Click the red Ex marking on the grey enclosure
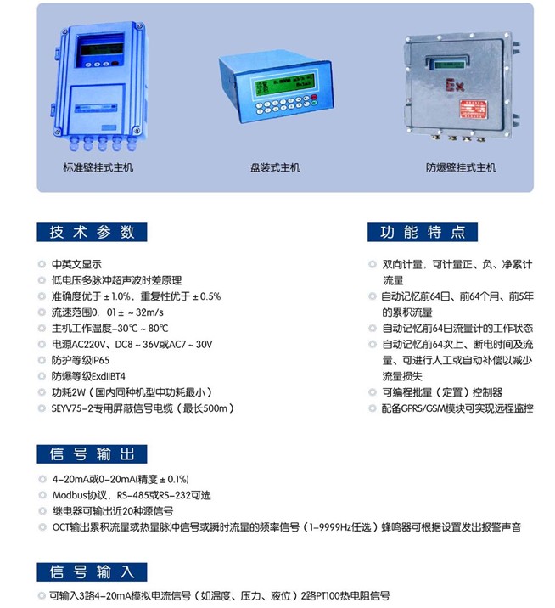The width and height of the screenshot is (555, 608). [x=454, y=85]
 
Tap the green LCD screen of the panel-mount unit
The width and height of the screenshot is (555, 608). [x=283, y=84]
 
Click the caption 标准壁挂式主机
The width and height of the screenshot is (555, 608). [x=98, y=167]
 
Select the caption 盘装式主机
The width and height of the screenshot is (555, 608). [x=275, y=167]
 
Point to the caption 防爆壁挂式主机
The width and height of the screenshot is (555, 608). [x=461, y=167]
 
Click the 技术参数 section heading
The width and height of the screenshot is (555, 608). [x=92, y=233]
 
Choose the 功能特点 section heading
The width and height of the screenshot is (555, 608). [x=423, y=233]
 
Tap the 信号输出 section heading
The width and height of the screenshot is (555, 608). [x=92, y=454]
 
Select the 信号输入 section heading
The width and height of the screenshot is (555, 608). [x=92, y=572]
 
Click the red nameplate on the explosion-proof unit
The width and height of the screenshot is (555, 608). [x=474, y=109]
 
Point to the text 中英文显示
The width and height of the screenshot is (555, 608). [x=76, y=264]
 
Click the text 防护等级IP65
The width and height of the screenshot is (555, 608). [x=81, y=360]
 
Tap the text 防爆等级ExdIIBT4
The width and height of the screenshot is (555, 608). [x=88, y=376]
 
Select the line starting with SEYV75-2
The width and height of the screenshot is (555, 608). [x=143, y=408]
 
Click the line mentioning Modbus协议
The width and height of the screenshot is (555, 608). [x=132, y=495]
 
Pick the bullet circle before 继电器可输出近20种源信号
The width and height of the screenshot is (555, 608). [x=42, y=511]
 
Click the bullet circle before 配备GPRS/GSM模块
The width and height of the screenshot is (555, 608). [x=373, y=408]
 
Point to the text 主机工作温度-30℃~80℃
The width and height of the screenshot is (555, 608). [x=110, y=329]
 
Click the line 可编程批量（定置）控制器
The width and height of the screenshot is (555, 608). [x=442, y=392]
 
